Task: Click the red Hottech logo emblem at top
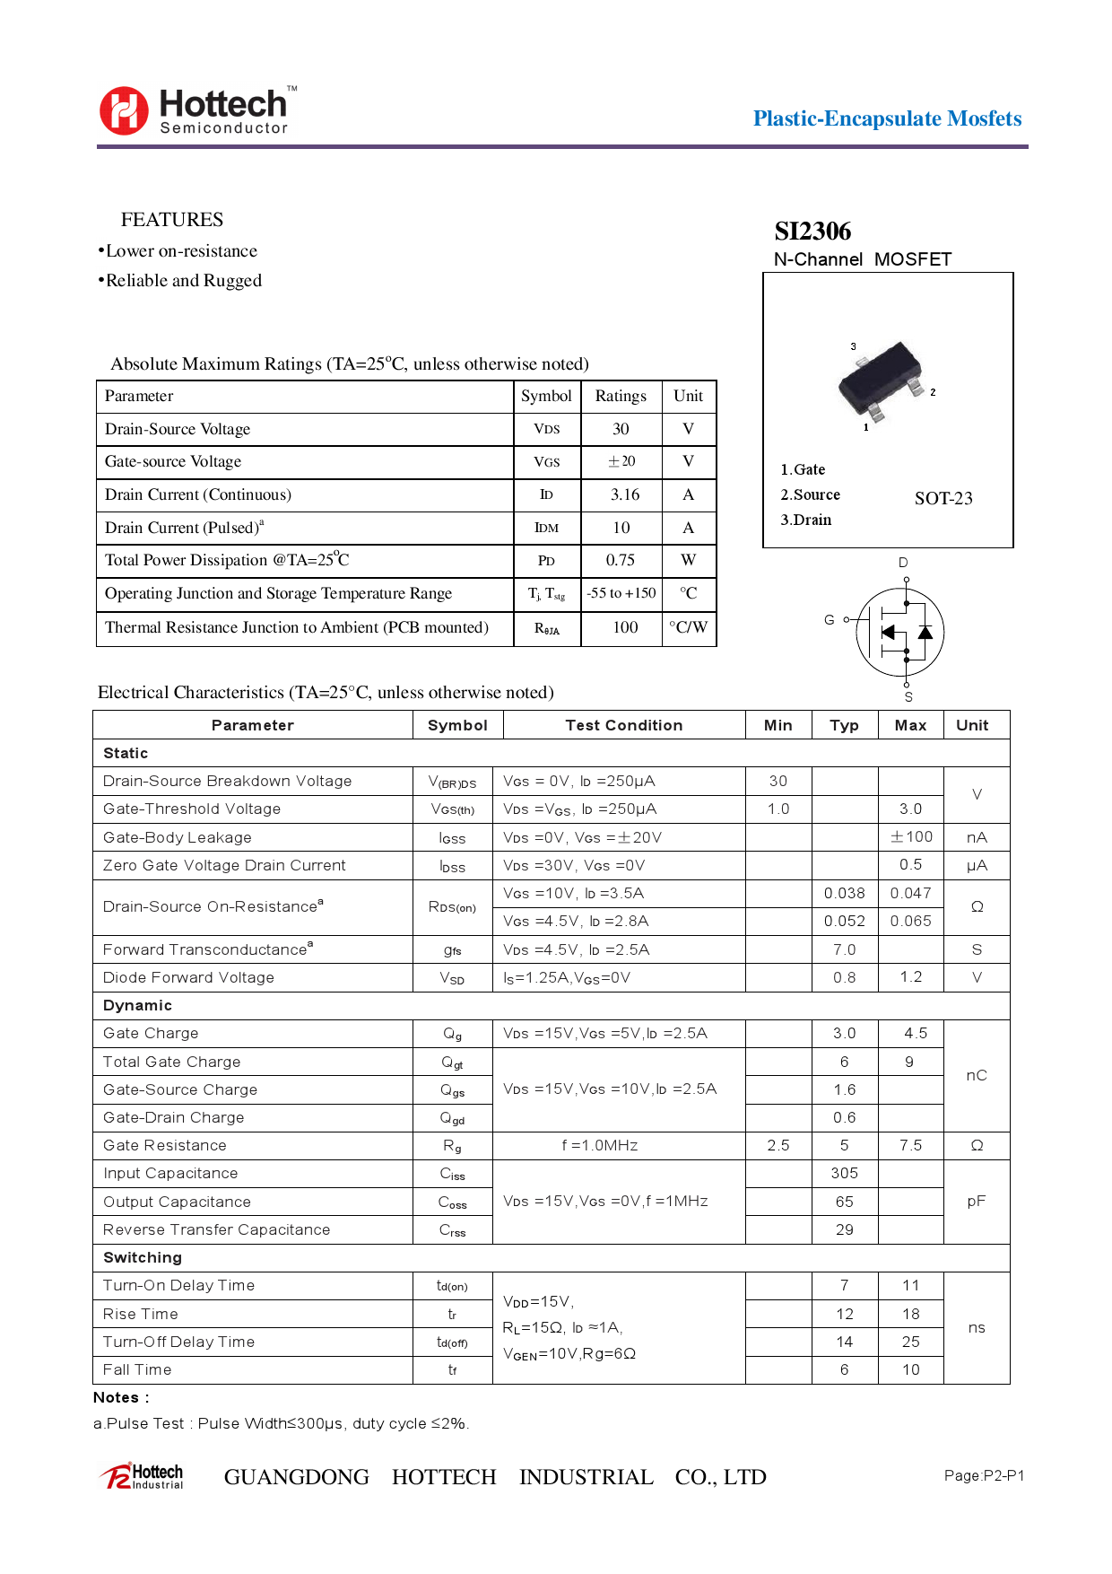pos(124,110)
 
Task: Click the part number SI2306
pos(812,232)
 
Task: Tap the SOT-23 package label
pos(943,499)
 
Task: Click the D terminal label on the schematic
pos(903,563)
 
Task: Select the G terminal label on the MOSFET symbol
pos(830,620)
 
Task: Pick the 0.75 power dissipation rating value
pos(621,560)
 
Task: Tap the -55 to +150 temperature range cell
pos(621,593)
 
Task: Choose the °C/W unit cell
pos(689,627)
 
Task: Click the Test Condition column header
pos(624,725)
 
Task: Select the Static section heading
pos(126,753)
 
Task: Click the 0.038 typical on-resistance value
pos(845,893)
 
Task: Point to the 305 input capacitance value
pos(845,1173)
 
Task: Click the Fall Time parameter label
pos(137,1369)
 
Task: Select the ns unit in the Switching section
pos(977,1328)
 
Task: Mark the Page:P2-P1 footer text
pos(984,1475)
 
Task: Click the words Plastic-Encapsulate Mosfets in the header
pos(887,118)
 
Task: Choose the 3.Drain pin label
pos(805,520)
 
